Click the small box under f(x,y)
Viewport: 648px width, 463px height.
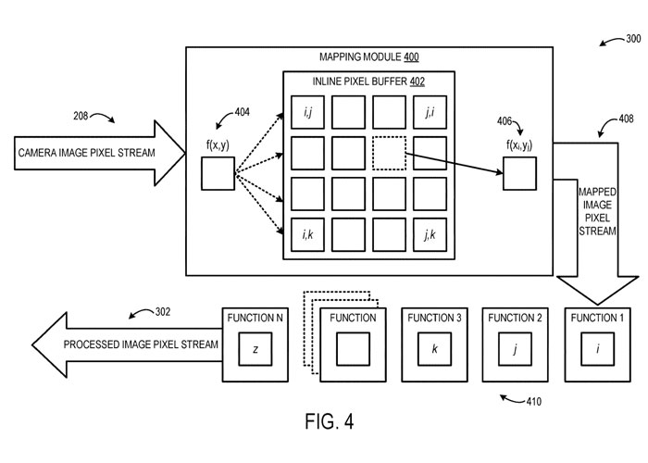pyautogui.click(x=218, y=173)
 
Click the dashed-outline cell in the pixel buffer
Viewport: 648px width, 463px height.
pyautogui.click(x=389, y=153)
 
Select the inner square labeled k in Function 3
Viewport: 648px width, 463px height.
pyautogui.click(x=434, y=351)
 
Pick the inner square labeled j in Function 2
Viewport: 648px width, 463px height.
pyautogui.click(x=515, y=351)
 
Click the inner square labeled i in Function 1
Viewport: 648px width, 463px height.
pyautogui.click(x=597, y=351)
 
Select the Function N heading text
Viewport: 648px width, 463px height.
pyautogui.click(x=254, y=318)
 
